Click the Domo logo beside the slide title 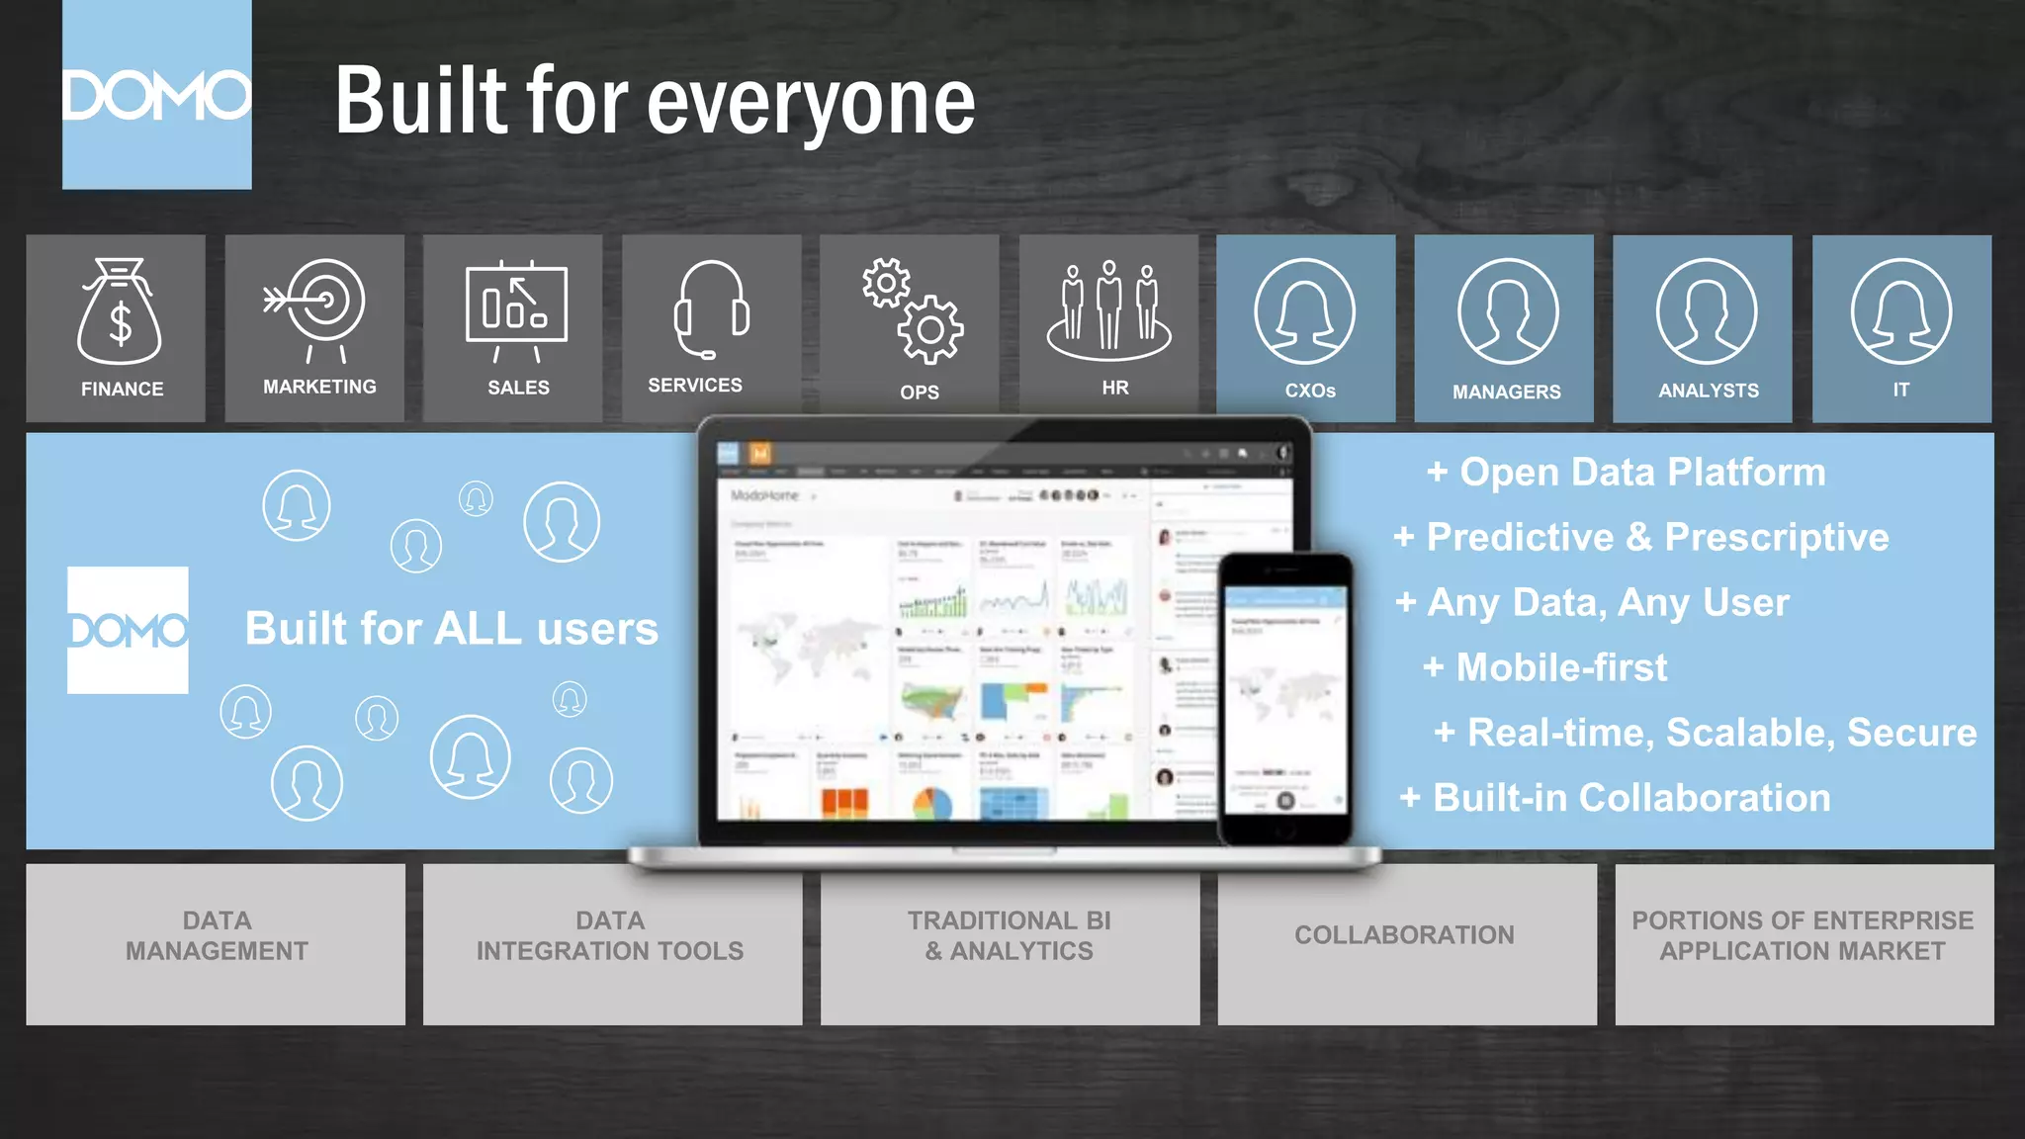coord(156,95)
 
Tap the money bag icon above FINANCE coord(119,312)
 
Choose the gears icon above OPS coord(912,310)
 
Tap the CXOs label coord(1310,391)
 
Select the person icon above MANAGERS coord(1507,310)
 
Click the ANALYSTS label coord(1709,391)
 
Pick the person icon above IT coord(1900,310)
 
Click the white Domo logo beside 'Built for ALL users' coord(128,630)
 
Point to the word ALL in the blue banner coord(478,629)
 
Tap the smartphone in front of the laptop coord(1285,698)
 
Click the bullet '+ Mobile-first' coord(1545,667)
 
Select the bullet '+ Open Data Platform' coord(1627,473)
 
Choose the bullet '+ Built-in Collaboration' coord(1616,798)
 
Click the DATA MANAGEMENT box coord(216,943)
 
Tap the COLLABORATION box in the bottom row coord(1406,943)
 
